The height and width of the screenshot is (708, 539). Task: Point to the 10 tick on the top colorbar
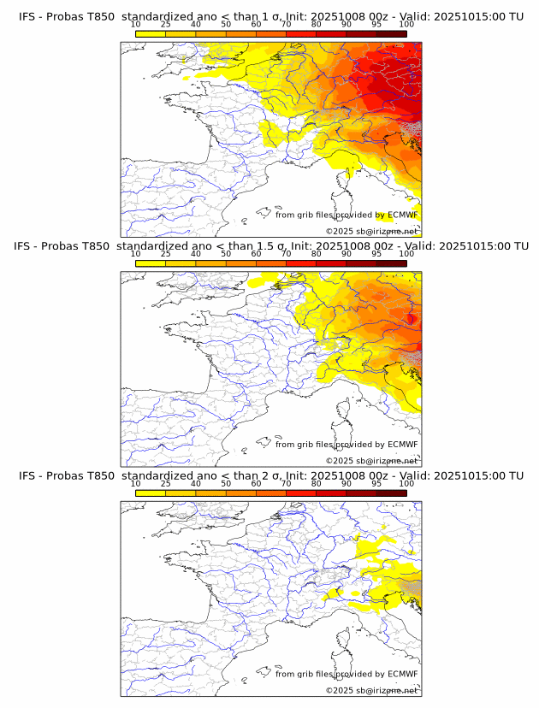(136, 24)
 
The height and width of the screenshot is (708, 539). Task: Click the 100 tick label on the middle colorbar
(406, 254)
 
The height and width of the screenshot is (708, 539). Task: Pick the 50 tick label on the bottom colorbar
(226, 483)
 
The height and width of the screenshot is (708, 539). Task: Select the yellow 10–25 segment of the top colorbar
(151, 33)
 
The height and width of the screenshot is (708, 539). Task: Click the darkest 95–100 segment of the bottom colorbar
(392, 493)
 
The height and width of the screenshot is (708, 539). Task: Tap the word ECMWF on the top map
(403, 215)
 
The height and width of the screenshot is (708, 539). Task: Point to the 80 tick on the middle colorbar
(317, 254)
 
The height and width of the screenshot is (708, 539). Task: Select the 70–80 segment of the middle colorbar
(301, 263)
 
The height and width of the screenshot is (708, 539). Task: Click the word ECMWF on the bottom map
(403, 674)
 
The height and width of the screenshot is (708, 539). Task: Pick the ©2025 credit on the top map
(339, 232)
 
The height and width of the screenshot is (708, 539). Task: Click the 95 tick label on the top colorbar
(376, 24)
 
